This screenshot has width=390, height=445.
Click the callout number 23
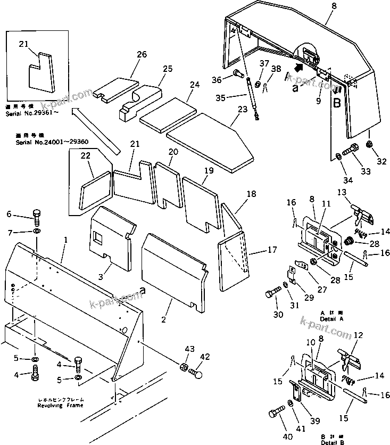point(243,109)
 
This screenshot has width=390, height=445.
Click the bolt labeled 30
point(272,294)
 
